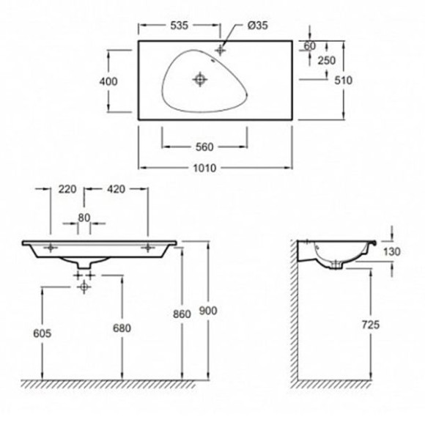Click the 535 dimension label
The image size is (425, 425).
(180, 25)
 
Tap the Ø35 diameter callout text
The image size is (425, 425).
(257, 26)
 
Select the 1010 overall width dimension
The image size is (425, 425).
(204, 168)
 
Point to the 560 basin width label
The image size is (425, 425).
(204, 147)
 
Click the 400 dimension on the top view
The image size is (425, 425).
(108, 81)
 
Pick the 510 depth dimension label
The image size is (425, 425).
(343, 80)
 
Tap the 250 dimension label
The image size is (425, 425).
(327, 60)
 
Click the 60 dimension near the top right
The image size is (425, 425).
(309, 46)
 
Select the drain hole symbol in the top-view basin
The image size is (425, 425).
(200, 79)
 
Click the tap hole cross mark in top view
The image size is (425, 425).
(220, 50)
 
